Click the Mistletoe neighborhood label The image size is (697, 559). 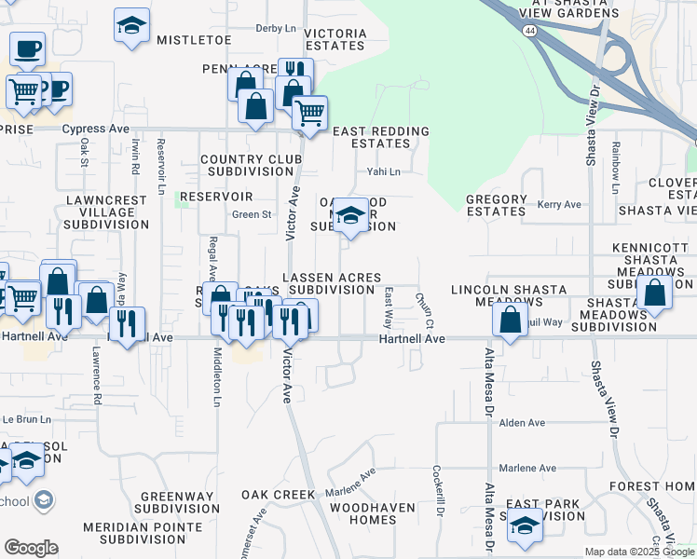coord(194,40)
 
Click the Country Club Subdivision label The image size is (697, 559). coord(252,166)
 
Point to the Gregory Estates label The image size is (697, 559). coord(497,205)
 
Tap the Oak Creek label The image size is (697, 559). coord(280,494)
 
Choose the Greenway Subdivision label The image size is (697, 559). coord(177,503)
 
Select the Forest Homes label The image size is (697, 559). coord(652,486)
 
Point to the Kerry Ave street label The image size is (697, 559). coord(559,204)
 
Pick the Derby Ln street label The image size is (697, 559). coord(274,29)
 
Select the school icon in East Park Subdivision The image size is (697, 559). coord(525,525)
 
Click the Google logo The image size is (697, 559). coord(32,548)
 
